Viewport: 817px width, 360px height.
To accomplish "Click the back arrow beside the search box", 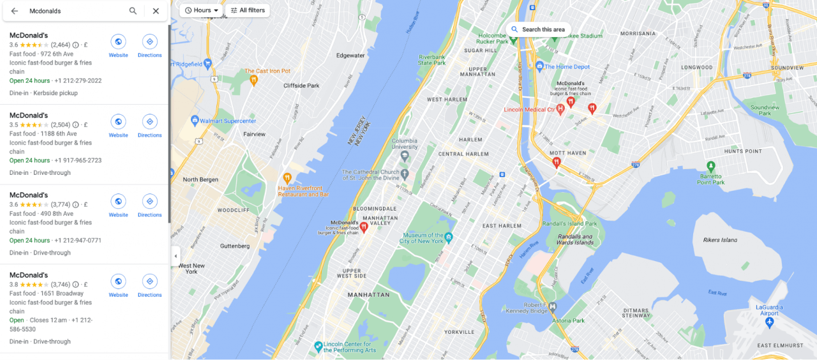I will click(14, 11).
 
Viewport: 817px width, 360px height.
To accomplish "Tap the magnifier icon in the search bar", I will click(133, 11).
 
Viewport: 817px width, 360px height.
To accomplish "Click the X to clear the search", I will click(156, 11).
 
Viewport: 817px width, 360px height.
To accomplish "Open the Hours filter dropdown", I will click(202, 10).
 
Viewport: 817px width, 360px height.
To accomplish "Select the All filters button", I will click(248, 10).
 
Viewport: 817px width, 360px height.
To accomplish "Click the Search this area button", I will click(538, 29).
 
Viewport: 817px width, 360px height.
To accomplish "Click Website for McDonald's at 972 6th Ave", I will click(118, 45).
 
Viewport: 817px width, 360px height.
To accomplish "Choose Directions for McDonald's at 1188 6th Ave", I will click(149, 125).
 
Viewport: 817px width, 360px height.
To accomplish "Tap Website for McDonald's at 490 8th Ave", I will click(118, 205).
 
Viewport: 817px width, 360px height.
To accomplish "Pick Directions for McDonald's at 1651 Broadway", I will click(149, 285).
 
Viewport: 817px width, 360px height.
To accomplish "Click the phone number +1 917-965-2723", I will click(78, 160).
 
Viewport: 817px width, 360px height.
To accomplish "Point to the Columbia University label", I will click(404, 144).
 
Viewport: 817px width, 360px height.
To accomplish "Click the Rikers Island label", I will click(719, 240).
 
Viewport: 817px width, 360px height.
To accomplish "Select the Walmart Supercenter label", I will click(227, 121).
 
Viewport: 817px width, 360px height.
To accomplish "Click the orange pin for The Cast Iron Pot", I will click(253, 80).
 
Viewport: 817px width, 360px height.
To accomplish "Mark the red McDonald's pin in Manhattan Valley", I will click(364, 227).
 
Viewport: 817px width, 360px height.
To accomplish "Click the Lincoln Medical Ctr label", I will click(529, 110).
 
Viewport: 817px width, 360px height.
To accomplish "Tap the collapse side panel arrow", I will click(176, 256).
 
